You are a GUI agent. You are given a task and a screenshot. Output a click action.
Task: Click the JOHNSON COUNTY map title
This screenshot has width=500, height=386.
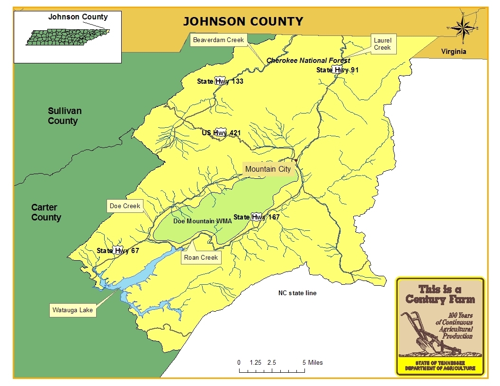[243, 21]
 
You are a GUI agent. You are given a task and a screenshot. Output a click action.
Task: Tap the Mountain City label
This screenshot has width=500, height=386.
[268, 169]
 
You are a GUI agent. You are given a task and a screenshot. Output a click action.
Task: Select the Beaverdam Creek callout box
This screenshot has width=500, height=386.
[218, 40]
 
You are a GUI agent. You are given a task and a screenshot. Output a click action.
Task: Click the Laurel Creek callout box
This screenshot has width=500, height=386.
[382, 44]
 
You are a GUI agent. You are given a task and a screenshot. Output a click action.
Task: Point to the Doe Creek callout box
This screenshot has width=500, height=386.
[125, 206]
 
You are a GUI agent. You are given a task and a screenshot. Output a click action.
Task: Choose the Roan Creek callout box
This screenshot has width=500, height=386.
[201, 257]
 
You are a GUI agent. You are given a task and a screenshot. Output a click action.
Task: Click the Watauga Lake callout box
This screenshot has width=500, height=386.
[72, 311]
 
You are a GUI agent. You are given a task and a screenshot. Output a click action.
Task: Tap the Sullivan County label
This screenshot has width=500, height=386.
[64, 116]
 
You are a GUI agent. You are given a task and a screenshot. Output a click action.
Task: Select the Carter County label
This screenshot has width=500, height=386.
[46, 212]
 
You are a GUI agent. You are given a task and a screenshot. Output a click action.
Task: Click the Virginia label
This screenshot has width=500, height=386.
[454, 52]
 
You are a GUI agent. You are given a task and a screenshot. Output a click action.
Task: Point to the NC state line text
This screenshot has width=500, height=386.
[297, 293]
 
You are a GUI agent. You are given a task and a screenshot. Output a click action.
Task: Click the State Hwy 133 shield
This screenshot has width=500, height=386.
[221, 81]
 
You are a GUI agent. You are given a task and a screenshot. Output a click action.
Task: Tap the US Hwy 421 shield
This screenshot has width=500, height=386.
[221, 133]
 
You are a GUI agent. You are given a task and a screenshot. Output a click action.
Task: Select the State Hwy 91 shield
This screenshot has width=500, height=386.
[338, 70]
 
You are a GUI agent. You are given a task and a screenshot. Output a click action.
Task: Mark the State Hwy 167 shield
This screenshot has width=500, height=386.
[258, 217]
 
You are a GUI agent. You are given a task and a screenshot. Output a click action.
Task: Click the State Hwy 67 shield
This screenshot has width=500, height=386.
[119, 251]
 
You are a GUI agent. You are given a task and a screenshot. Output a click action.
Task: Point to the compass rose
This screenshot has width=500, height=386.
[463, 28]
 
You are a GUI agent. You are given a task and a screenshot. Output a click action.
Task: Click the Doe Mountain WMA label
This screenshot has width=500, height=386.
[196, 221]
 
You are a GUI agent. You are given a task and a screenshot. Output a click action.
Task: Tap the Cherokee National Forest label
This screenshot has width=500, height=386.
[308, 61]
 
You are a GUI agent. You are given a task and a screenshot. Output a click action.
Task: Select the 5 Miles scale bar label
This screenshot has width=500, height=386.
[312, 362]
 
